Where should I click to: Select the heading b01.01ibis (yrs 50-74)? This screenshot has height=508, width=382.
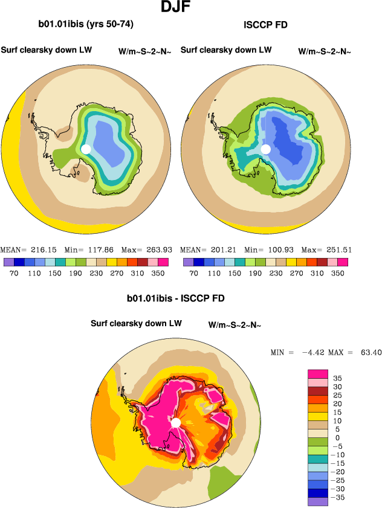tap(86, 25)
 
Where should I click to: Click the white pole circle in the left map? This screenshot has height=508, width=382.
tap(86, 149)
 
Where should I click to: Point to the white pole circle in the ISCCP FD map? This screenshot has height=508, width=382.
tap(265, 149)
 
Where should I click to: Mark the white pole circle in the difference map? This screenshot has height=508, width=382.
tap(176, 423)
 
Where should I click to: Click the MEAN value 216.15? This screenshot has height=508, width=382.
tap(40, 249)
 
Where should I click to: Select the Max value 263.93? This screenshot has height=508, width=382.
tap(158, 249)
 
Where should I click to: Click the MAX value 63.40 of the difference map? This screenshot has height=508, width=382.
tap(367, 352)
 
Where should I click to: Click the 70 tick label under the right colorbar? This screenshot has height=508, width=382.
tap(193, 273)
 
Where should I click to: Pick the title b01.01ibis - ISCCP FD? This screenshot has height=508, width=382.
tap(175, 298)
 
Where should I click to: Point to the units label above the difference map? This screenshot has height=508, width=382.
tap(235, 325)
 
